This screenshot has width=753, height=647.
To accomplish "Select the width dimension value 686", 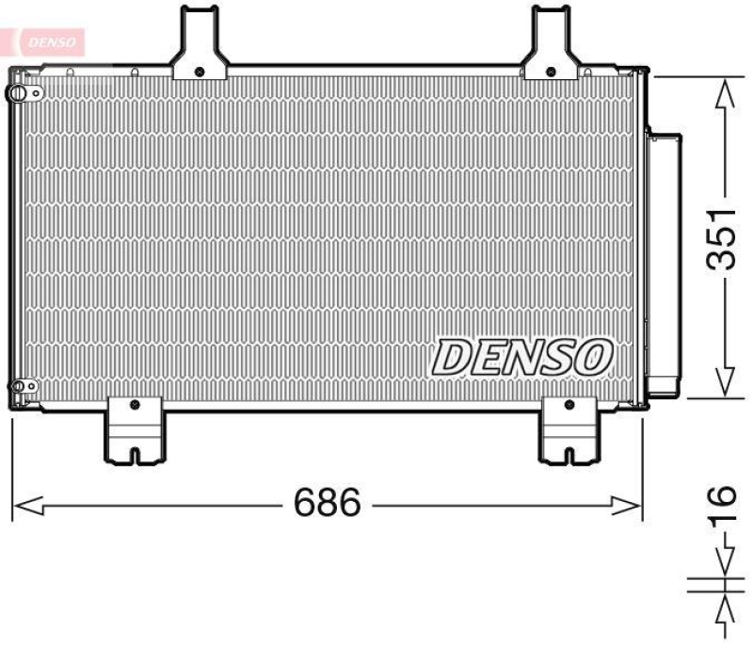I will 327,505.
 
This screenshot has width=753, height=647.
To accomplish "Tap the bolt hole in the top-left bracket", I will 199,71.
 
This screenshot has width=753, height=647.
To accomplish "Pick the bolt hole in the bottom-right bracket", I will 569,405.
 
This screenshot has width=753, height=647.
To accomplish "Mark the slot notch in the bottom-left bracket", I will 133,454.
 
